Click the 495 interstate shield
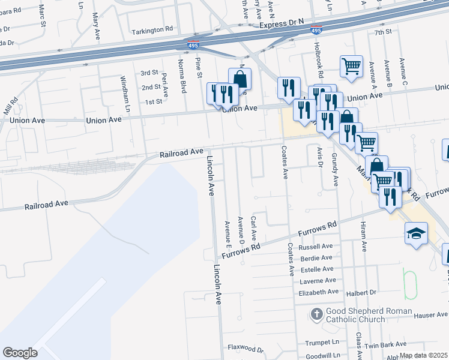tap(316, 30)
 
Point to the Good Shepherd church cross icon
tap(317, 313)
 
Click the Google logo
tap(20, 353)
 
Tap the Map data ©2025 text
tap(423, 355)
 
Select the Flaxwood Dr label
tap(246, 348)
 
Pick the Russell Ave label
tap(315, 247)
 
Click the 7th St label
tap(382, 32)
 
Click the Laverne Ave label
tap(318, 281)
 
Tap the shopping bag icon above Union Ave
tap(240, 78)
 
